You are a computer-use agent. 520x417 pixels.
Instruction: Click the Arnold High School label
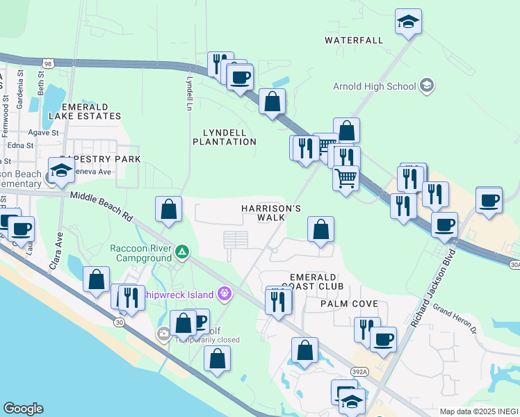[x=374, y=86]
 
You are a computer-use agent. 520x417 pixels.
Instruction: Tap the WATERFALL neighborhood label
[x=354, y=40]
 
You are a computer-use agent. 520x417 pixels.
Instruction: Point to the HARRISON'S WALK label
[x=271, y=213]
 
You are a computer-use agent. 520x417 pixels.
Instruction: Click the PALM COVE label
[x=349, y=304]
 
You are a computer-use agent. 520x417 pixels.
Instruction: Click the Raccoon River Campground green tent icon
[x=181, y=251]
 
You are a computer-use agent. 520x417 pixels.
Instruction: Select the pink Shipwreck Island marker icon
[x=224, y=294]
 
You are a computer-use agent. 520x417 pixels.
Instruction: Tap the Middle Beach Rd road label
[x=101, y=206]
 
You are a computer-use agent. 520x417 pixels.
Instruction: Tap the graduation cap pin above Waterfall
[x=408, y=22]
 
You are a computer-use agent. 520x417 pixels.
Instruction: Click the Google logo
[x=23, y=409]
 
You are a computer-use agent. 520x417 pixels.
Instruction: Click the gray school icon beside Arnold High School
[x=427, y=86]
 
